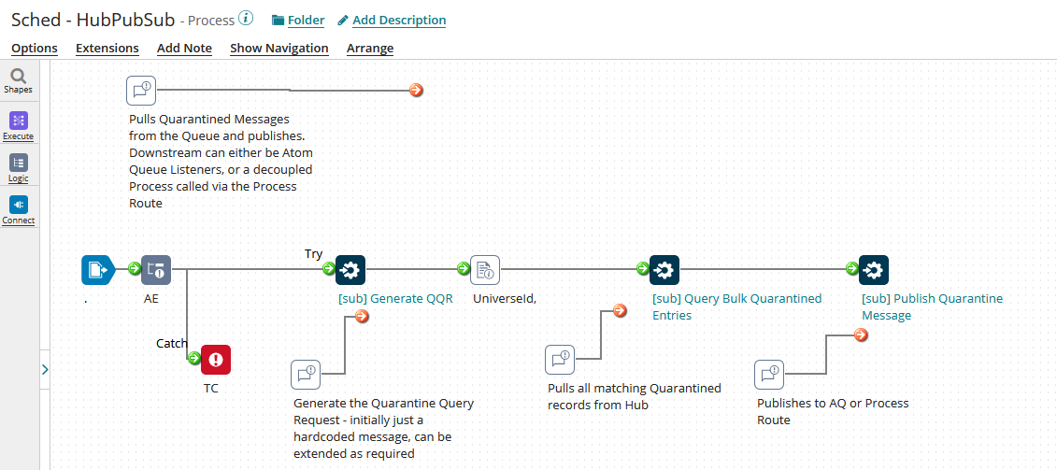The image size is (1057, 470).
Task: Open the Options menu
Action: pos(35,48)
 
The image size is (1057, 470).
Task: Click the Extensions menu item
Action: pos(107,48)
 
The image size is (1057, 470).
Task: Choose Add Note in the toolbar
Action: pos(184,48)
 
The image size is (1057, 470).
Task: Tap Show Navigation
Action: pos(279,48)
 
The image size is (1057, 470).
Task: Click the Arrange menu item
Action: pos(370,48)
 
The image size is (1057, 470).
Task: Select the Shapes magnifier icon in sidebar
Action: pos(18,77)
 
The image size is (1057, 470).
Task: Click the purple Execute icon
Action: pos(18,121)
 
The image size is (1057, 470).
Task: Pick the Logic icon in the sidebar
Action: pos(18,163)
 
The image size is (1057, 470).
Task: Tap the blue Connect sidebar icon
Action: pos(18,205)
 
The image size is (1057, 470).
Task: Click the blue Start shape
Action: pos(96,270)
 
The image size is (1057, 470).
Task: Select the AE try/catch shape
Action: pos(156,270)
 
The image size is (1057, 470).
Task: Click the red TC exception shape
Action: pos(216,360)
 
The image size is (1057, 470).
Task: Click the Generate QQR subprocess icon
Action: pos(350,270)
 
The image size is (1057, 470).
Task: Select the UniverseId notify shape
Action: pos(485,270)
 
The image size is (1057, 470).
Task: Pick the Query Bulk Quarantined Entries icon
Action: pos(664,270)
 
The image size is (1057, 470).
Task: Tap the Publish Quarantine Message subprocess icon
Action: pos(874,270)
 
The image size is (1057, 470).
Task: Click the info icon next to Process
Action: pos(246,19)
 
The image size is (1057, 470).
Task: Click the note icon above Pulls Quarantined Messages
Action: pos(141,91)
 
